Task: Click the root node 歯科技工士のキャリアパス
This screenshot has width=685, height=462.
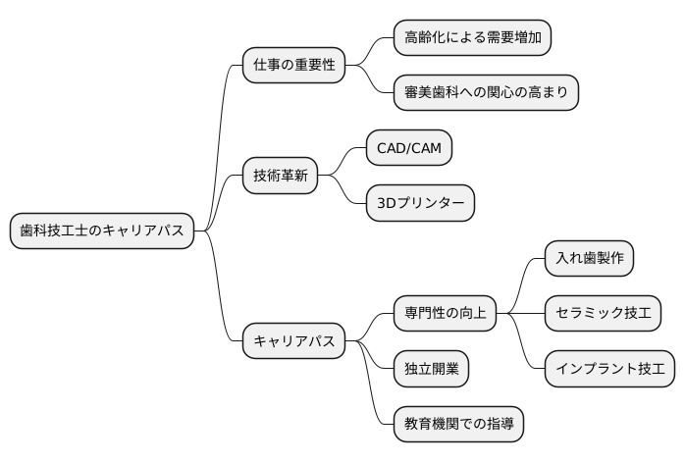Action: coord(101,231)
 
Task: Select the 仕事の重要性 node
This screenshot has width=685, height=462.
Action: coord(293,66)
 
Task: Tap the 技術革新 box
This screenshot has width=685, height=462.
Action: coord(280,177)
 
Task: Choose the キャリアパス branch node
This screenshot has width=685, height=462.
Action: coord(293,342)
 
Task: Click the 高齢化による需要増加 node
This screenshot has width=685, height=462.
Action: coord(471,38)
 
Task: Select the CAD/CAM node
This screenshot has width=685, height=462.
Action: coord(408,149)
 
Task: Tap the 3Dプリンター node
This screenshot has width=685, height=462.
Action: coord(419,204)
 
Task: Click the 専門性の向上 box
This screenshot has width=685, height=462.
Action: coord(445,314)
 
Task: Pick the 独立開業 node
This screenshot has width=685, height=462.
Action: coord(430,370)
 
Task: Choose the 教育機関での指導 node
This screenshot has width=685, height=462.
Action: coord(457,425)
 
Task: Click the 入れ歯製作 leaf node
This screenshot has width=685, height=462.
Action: coord(589,259)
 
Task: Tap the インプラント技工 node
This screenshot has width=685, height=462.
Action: coord(609,370)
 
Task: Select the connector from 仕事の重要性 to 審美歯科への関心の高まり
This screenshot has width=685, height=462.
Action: coord(376,83)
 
